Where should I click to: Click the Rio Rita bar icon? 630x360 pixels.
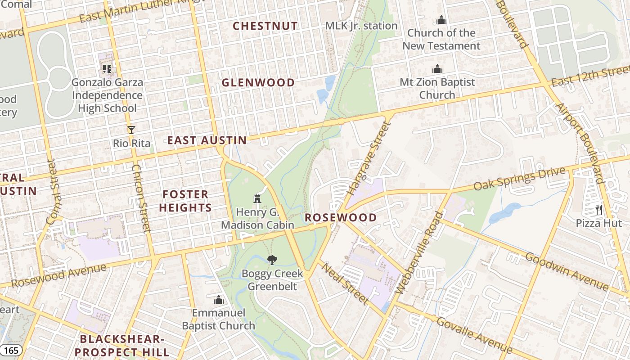point(131,130)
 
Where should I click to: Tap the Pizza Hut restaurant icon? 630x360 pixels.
point(598,209)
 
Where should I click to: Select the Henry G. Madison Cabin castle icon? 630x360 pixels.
point(257,198)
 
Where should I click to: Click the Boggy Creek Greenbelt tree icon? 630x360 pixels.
point(272,260)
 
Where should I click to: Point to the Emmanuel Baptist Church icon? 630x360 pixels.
point(219,299)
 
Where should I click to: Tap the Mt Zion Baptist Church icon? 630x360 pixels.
point(437,69)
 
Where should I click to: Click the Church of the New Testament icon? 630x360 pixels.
point(441,20)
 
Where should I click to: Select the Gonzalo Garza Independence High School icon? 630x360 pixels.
point(107,69)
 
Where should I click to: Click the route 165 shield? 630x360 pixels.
point(10,350)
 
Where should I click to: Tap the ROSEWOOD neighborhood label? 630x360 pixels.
point(341,218)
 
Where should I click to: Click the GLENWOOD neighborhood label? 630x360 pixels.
point(258,83)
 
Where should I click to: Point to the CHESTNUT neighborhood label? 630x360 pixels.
point(265,26)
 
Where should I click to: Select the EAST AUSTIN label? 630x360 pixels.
point(207,140)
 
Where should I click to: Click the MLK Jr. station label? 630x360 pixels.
point(361,26)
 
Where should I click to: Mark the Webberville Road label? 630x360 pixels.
point(419,253)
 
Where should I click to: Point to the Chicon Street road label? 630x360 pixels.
point(139,198)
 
